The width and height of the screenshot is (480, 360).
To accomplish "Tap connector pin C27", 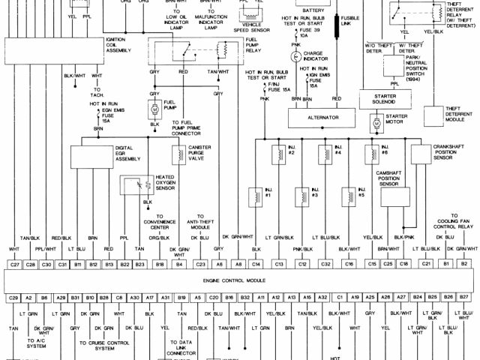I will [14, 264].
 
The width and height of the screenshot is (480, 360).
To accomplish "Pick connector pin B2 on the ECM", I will [464, 264].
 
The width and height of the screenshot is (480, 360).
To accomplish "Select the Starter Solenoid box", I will [383, 100].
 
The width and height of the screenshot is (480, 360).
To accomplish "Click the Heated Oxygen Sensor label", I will [167, 182].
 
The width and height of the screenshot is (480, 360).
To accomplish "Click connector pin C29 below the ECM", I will [14, 298].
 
